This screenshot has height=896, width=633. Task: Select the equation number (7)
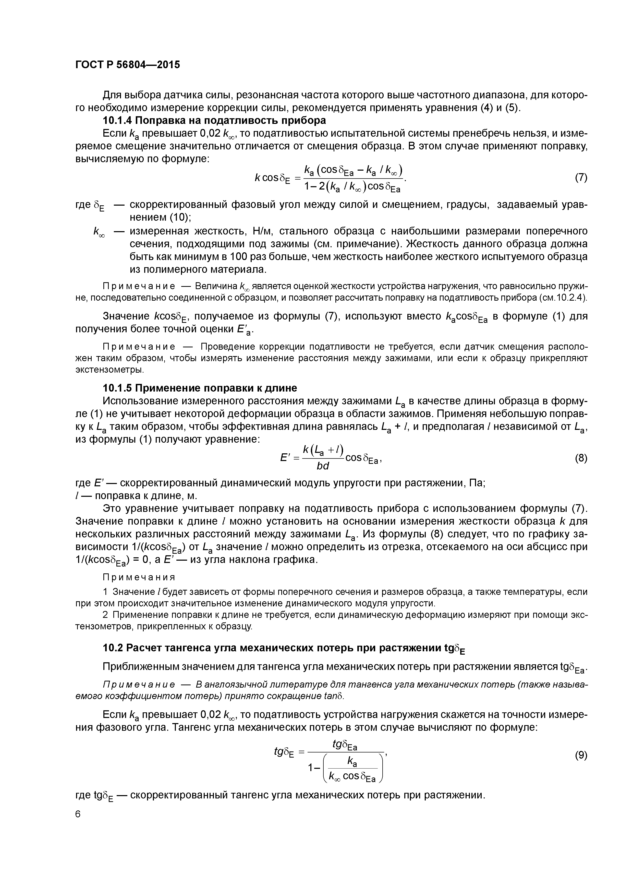581,178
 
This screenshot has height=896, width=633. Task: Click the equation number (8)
581,458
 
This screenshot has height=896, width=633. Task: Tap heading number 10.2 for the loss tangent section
113,648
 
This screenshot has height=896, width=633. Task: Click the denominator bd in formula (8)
323,466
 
